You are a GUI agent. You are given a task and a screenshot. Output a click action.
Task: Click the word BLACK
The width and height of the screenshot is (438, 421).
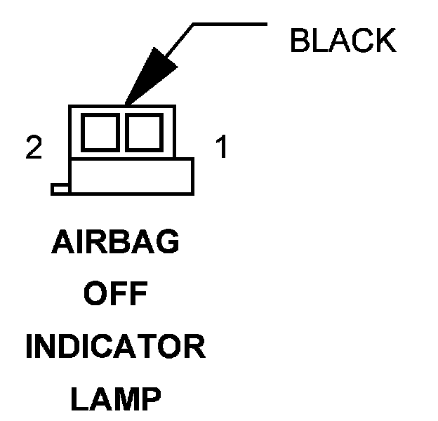point(343,41)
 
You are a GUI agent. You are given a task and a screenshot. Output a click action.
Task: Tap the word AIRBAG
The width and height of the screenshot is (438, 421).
point(116,243)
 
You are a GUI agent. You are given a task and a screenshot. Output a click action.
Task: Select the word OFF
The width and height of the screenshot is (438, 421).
point(116,295)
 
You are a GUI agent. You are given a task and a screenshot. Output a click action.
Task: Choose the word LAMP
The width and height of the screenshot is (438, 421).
point(116,401)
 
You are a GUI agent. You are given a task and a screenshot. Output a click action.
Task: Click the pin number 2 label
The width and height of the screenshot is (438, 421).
point(33,149)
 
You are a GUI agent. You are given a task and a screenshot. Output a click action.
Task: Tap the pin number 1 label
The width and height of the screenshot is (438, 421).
point(221,149)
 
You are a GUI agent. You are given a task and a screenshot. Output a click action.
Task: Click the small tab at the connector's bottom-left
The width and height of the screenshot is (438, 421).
point(60,189)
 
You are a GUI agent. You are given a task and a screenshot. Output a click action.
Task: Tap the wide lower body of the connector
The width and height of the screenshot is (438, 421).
point(131,175)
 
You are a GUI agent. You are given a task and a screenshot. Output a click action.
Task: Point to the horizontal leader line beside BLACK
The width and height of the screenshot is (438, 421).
point(230,25)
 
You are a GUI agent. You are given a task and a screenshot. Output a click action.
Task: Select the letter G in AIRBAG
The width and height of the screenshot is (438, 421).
point(168,243)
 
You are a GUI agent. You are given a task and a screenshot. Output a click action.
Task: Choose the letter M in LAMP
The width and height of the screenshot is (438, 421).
point(124,401)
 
